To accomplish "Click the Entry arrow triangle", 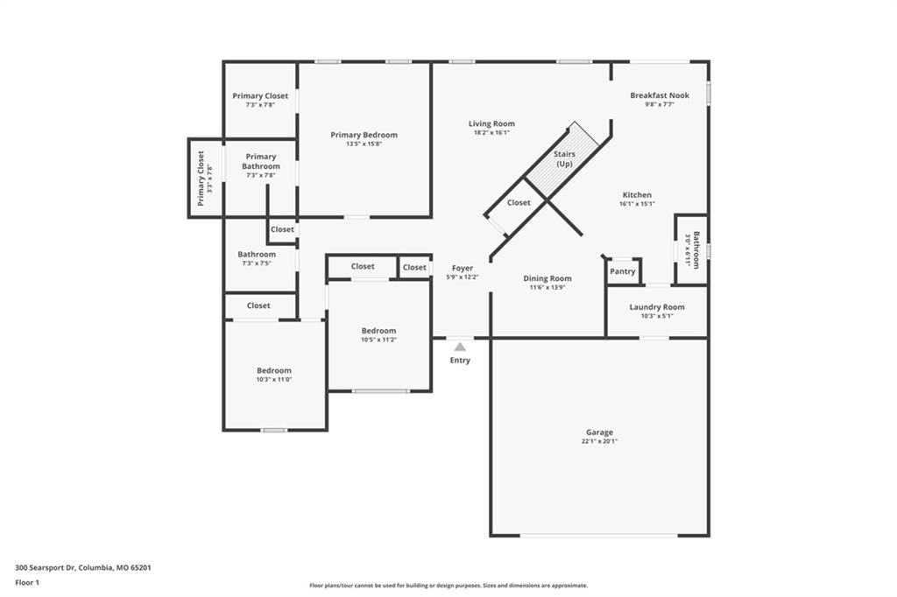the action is coord(460,347).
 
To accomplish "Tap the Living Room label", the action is coord(491,123).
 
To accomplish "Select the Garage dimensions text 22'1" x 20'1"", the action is coord(599,441).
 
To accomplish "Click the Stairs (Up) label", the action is coord(565,159).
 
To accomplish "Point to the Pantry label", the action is coord(623,271).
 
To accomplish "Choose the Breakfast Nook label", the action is coord(660,95).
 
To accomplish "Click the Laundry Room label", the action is coord(657,307).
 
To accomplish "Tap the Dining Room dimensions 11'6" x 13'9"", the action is coord(547,288).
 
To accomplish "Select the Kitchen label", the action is coord(637,195).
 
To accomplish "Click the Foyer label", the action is coord(463,268).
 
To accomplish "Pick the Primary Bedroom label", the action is coord(364,135).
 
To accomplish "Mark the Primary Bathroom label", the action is coord(261,161).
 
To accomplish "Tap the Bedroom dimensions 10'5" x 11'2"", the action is coord(378,340).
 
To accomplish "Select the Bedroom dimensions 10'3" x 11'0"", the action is coord(274,379).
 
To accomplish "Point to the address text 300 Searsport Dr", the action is coord(46,568).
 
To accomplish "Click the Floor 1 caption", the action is coord(27,583).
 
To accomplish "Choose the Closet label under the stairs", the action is coord(519,202).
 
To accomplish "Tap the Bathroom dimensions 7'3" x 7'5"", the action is coord(257,263).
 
